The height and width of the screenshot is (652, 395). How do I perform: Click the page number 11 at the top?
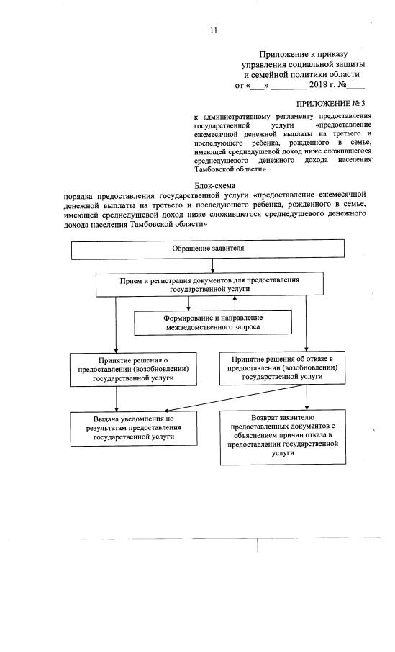pyautogui.click(x=213, y=30)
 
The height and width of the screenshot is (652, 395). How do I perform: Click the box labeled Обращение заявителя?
pyautogui.click(x=208, y=249)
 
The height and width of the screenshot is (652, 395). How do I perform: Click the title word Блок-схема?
pyautogui.click(x=209, y=186)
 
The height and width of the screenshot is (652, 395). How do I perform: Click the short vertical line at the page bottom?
pyautogui.click(x=257, y=562)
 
